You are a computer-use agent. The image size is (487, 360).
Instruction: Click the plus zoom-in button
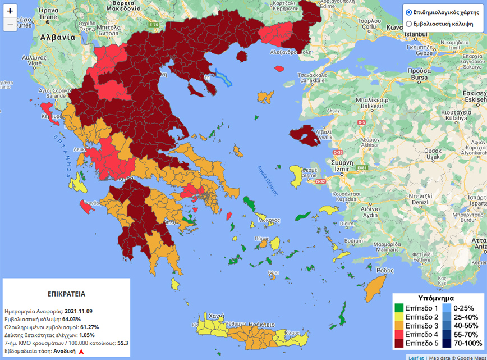click(10, 11)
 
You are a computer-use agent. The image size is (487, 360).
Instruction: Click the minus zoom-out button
click(10, 25)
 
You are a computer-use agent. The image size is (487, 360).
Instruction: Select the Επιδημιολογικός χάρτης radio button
click(409, 12)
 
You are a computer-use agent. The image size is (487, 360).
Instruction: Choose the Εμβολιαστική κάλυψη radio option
click(409, 24)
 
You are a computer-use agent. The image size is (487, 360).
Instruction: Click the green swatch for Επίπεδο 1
click(399, 308)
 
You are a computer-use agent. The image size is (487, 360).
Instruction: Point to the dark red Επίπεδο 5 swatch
click(399, 343)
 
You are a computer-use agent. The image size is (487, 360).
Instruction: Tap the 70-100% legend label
click(467, 343)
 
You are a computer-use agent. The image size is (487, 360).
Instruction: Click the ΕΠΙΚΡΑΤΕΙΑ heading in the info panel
click(66, 294)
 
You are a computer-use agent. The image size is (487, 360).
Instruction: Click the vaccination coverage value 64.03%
click(72, 319)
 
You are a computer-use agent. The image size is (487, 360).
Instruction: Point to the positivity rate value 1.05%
click(83, 335)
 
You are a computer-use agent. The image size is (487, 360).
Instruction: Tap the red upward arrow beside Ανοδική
click(81, 351)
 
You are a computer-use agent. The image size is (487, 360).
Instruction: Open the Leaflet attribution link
click(416, 357)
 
